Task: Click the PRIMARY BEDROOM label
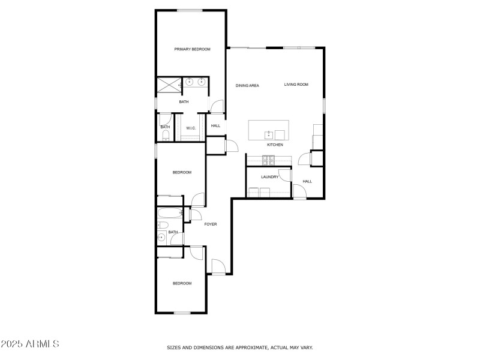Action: click(192, 49)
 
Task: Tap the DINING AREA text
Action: click(247, 85)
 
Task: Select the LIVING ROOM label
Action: click(296, 84)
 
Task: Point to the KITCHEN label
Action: click(275, 145)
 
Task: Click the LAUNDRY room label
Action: click(269, 176)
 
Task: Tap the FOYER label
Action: click(211, 224)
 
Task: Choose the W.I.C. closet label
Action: click(191, 128)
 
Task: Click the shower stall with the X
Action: click(169, 85)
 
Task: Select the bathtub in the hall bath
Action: click(170, 213)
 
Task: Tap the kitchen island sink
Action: click(269, 134)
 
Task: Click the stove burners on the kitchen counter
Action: click(268, 160)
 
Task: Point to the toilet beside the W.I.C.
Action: click(166, 134)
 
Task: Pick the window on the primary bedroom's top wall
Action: click(190, 11)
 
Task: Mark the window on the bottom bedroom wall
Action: click(182, 313)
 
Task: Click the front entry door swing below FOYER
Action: click(218, 266)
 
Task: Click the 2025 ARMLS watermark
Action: click(29, 344)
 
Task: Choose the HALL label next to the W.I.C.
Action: click(215, 125)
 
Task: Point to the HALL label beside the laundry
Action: click(307, 181)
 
